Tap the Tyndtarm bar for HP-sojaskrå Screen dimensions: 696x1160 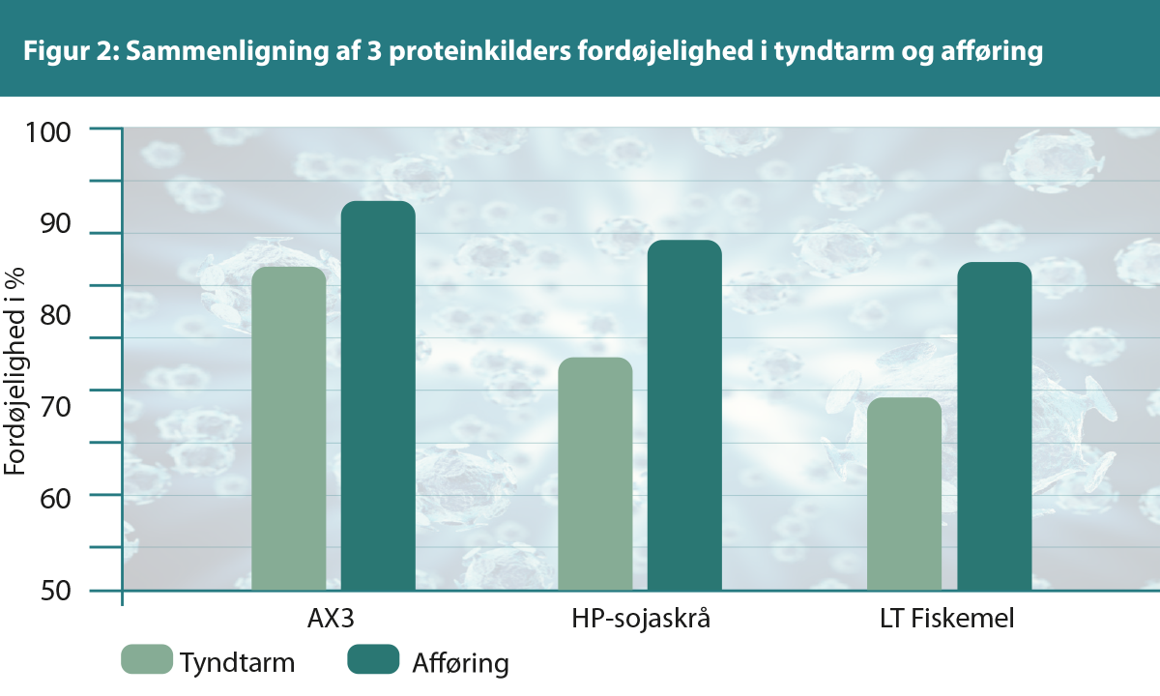[x=595, y=474]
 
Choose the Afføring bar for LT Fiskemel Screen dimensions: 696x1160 [x=994, y=425]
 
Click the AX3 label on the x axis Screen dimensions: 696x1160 [x=333, y=619]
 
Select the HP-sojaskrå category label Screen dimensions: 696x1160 [x=640, y=619]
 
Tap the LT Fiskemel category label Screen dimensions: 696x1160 [x=948, y=619]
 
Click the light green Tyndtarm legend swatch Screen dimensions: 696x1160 [x=147, y=659]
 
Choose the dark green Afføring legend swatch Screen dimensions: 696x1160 [x=373, y=659]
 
